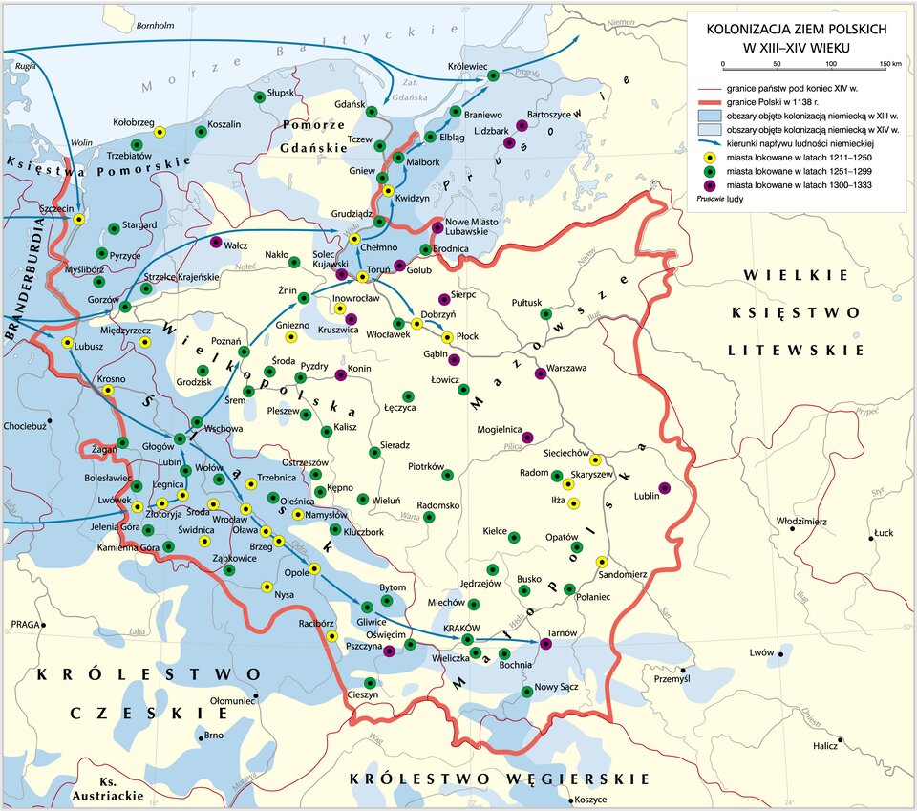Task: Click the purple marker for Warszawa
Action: pos(541,373)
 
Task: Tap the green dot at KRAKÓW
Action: pos(468,639)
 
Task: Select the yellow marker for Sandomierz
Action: pos(602,562)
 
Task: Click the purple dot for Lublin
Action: pos(665,489)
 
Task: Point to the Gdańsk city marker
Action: pos(371,112)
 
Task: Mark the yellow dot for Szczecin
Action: pos(79,219)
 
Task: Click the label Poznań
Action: pos(224,341)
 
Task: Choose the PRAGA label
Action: pos(25,624)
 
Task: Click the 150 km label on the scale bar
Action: pos(889,63)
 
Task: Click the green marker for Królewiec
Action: pos(493,75)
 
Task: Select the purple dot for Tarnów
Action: pos(545,643)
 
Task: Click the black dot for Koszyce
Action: pos(571,800)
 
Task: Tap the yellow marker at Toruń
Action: pos(362,278)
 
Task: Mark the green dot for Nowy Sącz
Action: pos(527,692)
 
